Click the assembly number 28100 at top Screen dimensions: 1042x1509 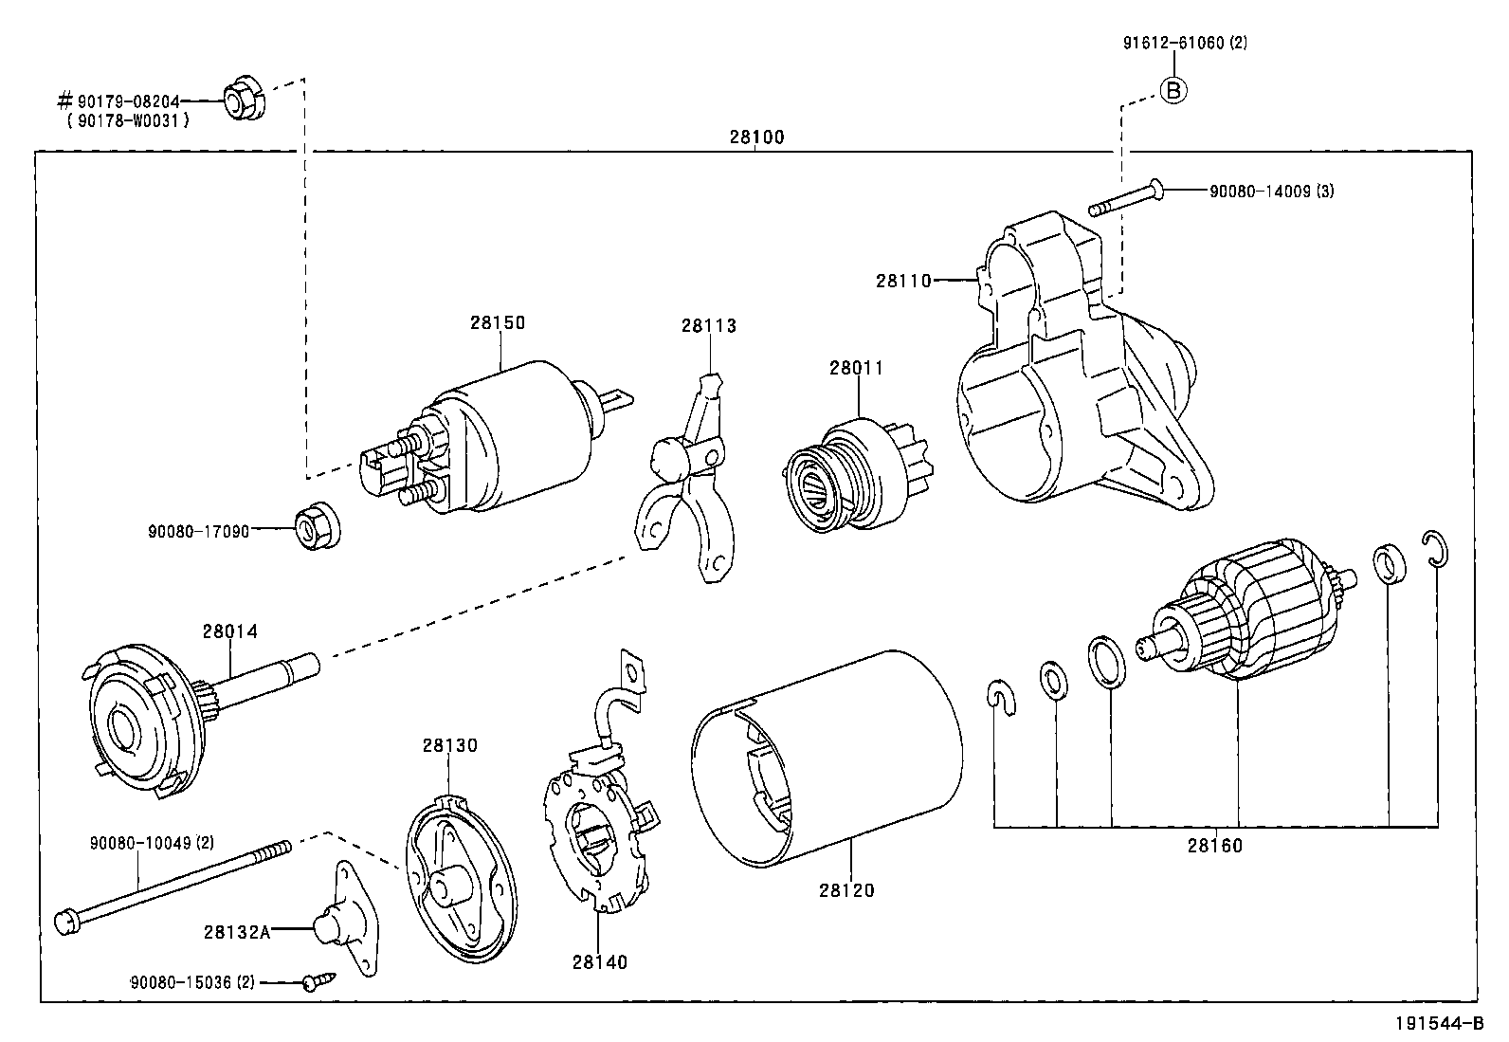click(x=756, y=137)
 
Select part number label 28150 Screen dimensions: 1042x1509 click(x=497, y=322)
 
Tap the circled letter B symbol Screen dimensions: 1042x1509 click(x=1173, y=90)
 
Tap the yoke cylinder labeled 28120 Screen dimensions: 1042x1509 click(x=825, y=759)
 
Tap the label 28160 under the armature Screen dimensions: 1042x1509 click(x=1214, y=845)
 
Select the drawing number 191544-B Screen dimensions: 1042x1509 click(x=1437, y=1024)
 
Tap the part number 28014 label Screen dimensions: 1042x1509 click(x=229, y=631)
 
